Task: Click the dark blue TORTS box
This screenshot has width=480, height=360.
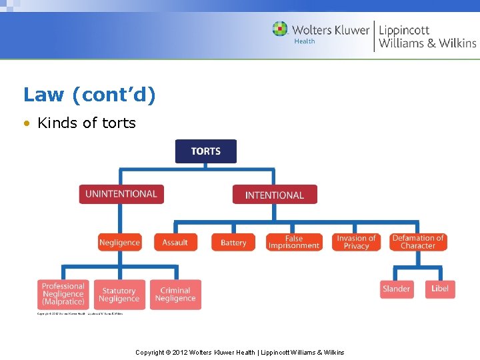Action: pyautogui.click(x=205, y=151)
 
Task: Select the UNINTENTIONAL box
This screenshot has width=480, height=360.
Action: pyautogui.click(x=121, y=194)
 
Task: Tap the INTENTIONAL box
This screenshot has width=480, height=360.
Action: pyautogui.click(x=275, y=195)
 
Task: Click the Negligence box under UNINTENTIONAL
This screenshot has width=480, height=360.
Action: pyautogui.click(x=120, y=242)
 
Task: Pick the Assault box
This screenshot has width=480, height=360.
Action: pyautogui.click(x=175, y=242)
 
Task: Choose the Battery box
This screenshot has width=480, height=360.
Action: pyautogui.click(x=233, y=242)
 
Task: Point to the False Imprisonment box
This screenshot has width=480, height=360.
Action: pyautogui.click(x=294, y=242)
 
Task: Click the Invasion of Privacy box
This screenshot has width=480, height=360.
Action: pyautogui.click(x=356, y=242)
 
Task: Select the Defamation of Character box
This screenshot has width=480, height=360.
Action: pyautogui.click(x=418, y=242)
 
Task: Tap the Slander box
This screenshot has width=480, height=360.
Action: pyautogui.click(x=397, y=289)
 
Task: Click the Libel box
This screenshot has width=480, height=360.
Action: pyautogui.click(x=440, y=289)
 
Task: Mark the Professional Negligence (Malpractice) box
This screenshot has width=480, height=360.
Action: pyautogui.click(x=63, y=294)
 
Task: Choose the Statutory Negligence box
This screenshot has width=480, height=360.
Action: pyautogui.click(x=119, y=294)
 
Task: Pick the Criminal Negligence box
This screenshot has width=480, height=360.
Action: pyautogui.click(x=175, y=294)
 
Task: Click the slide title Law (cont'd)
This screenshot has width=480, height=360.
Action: pyautogui.click(x=89, y=95)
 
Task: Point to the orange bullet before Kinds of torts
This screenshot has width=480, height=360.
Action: pyautogui.click(x=27, y=123)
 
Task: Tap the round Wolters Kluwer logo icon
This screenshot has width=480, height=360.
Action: pyautogui.click(x=280, y=29)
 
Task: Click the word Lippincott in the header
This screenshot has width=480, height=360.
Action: pyautogui.click(x=404, y=30)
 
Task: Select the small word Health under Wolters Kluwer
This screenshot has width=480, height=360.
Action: pyautogui.click(x=305, y=42)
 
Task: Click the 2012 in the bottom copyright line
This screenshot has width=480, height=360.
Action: pyautogui.click(x=180, y=352)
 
